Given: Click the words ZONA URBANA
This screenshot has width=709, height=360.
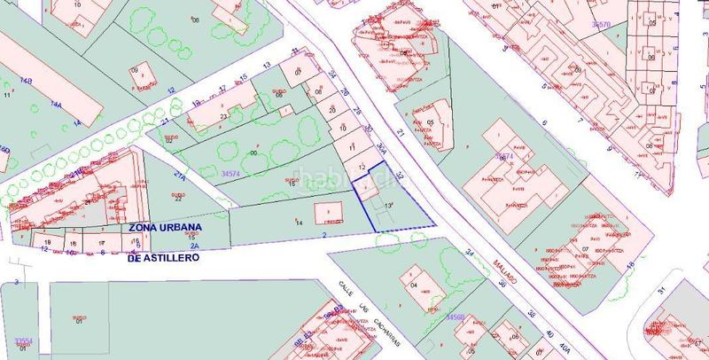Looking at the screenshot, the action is click(166, 227).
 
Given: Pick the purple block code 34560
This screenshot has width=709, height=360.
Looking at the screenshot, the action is click(456, 317).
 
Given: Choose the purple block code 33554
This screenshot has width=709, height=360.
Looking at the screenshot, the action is click(25, 340).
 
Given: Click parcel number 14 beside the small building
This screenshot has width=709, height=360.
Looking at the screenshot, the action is click(299, 223).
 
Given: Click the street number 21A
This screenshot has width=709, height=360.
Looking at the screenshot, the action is click(179, 176).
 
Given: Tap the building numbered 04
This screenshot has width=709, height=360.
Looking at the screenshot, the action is click(414, 286).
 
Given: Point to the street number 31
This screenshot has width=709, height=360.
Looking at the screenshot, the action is click(661, 291).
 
